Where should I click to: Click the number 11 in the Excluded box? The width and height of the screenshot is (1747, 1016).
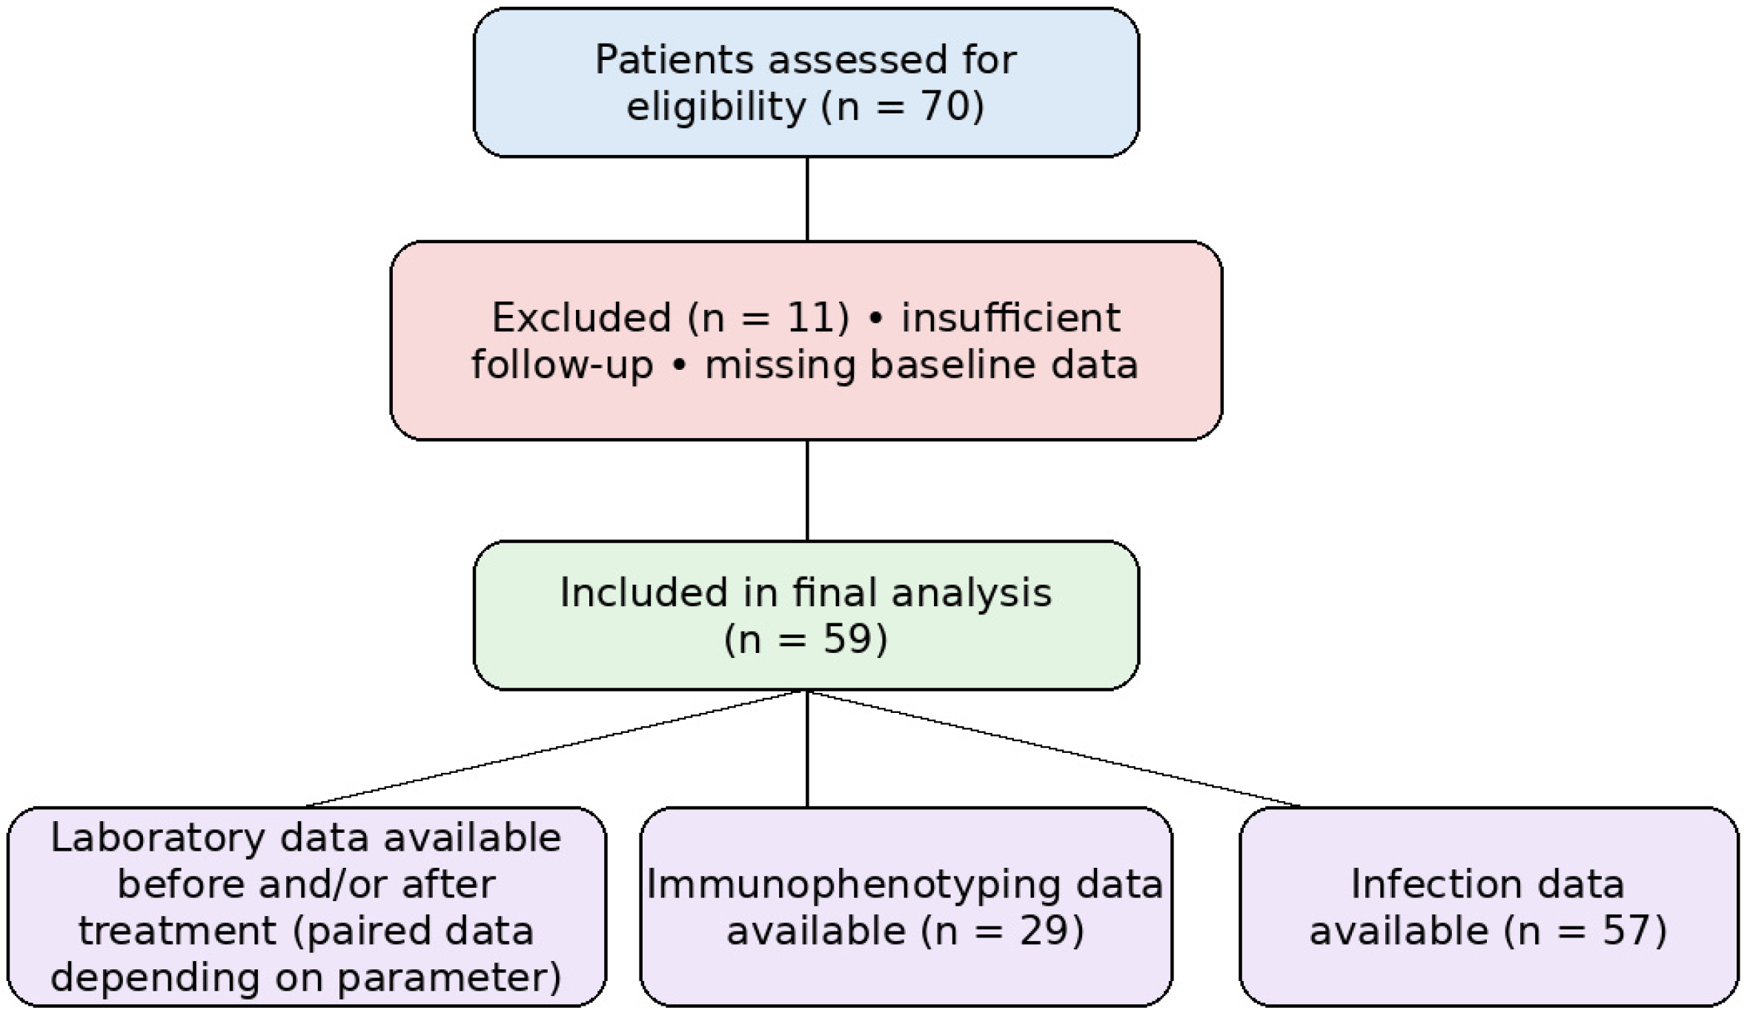coord(809,318)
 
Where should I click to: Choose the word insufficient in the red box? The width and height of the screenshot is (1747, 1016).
coord(1010,318)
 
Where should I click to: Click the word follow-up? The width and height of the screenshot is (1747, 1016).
coord(562,365)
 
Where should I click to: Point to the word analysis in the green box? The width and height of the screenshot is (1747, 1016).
coord(971,593)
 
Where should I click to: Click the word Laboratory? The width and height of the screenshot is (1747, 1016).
coord(158,838)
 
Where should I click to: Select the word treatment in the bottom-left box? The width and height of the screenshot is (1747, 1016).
coord(177,932)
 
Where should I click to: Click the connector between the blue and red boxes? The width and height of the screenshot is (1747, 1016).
coord(806,199)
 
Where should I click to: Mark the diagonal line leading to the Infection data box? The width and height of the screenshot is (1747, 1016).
coord(1052,748)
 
